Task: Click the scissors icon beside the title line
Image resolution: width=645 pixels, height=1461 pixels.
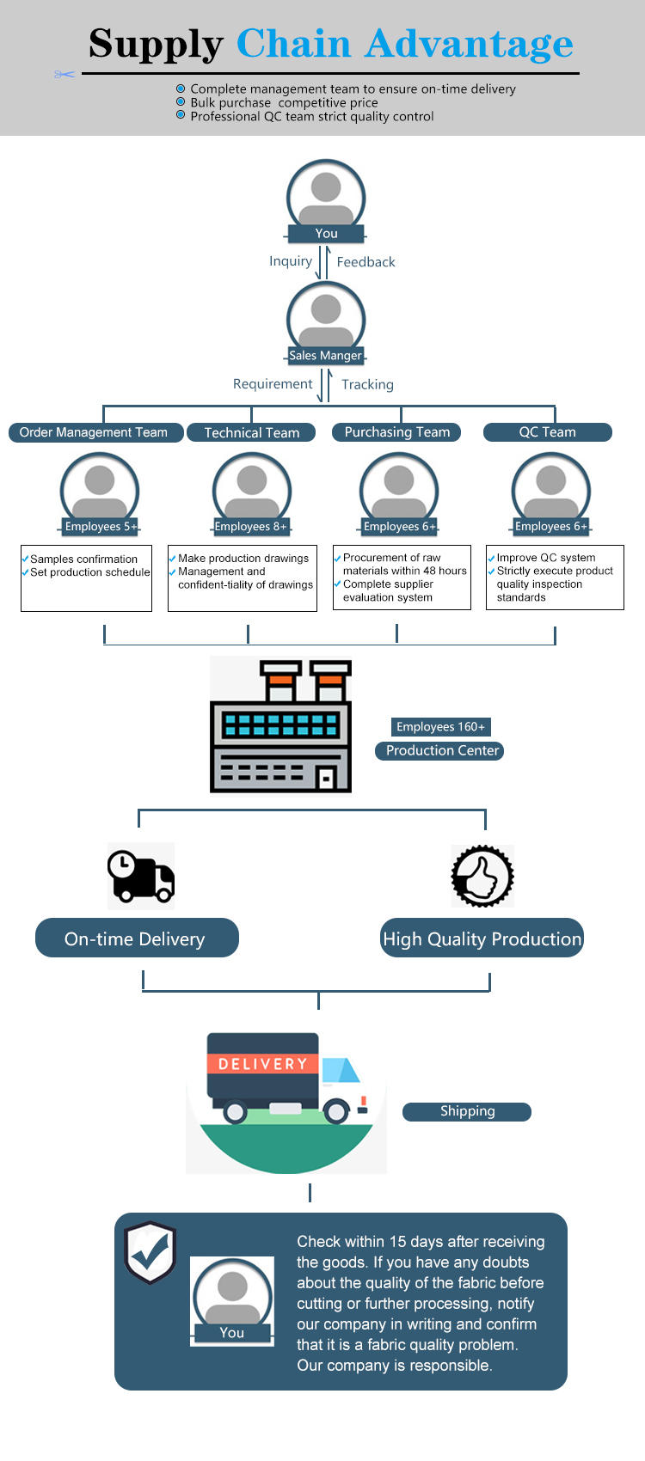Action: coord(64,75)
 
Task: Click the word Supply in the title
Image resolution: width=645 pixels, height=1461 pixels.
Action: coord(156,45)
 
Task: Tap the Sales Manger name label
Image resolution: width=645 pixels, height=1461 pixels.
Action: coord(325,356)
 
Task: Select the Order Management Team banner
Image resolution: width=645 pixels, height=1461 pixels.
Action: coord(95,432)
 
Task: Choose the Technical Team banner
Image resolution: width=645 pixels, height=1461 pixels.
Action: coord(251,432)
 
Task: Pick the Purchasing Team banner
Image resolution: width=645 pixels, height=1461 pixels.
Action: coord(397,431)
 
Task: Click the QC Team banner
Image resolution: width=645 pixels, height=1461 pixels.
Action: coord(547,431)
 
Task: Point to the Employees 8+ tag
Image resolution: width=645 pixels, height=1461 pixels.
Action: coord(251,526)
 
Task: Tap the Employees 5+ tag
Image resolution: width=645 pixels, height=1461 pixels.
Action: coord(101,526)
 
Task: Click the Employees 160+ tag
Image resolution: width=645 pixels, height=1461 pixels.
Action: coord(440,726)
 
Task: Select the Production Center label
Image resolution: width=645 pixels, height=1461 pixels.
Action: coord(439,751)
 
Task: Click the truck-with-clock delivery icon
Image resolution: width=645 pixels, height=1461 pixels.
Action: coord(141,876)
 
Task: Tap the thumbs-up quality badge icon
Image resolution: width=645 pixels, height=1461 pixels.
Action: coord(482,876)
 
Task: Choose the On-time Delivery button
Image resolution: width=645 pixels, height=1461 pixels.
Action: coord(137,938)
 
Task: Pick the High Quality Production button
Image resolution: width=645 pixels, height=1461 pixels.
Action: coord(482,938)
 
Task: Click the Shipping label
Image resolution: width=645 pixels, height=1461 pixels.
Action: coord(467,1111)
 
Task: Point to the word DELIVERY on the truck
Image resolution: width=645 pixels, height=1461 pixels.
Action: coord(262,1064)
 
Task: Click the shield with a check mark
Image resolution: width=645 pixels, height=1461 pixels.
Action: coord(150,1252)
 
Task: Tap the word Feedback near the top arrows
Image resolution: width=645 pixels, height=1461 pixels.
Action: coord(365,262)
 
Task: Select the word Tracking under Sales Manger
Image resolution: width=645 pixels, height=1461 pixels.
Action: coord(367,385)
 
